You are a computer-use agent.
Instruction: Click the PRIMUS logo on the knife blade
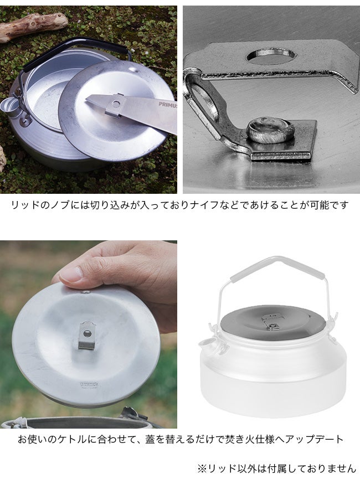(x=167, y=105)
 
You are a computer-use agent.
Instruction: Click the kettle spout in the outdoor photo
(x=9, y=107)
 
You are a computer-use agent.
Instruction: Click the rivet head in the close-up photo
(x=270, y=130)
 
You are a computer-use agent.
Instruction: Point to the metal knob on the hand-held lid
(x=87, y=335)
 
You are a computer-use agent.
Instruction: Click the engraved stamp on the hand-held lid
(x=89, y=385)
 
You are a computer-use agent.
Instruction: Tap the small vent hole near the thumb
(x=86, y=292)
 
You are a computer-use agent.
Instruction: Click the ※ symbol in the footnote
(x=202, y=468)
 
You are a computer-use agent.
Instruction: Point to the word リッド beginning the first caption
(x=25, y=205)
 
